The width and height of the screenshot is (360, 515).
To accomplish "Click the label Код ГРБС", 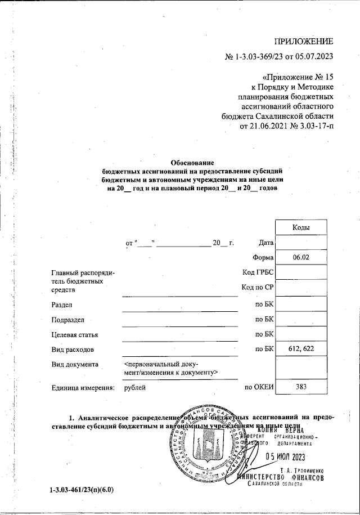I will [x=258, y=273].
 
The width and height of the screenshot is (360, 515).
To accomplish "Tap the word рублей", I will [x=135, y=387].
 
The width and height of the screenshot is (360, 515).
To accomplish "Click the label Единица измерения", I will [x=83, y=387].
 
